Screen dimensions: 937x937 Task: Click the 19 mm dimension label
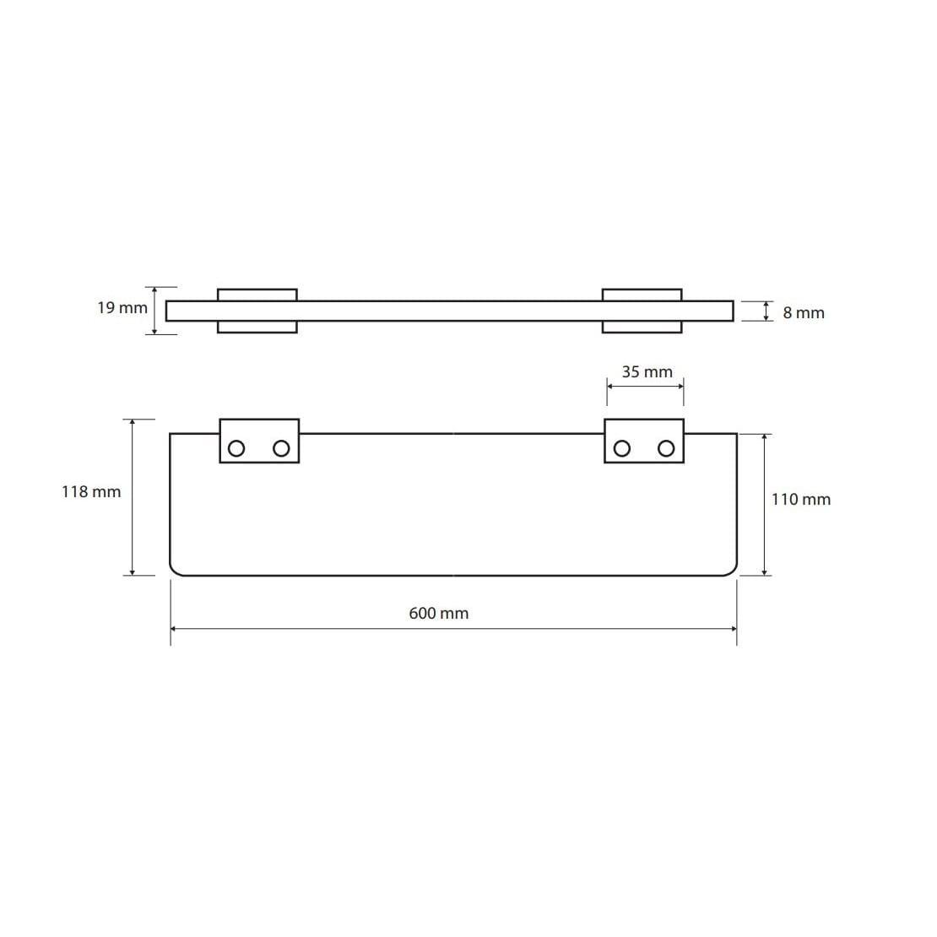122,308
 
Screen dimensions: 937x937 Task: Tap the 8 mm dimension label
804,312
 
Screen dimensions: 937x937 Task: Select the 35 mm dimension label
647,371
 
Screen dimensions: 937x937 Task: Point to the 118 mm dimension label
91,492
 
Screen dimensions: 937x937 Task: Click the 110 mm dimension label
801,499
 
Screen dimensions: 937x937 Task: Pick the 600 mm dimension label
439,613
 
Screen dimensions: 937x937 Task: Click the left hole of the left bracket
236,448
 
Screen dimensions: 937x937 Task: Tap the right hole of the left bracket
281,448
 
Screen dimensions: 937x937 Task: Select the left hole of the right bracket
622,448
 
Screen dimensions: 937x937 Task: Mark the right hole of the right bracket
666,448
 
